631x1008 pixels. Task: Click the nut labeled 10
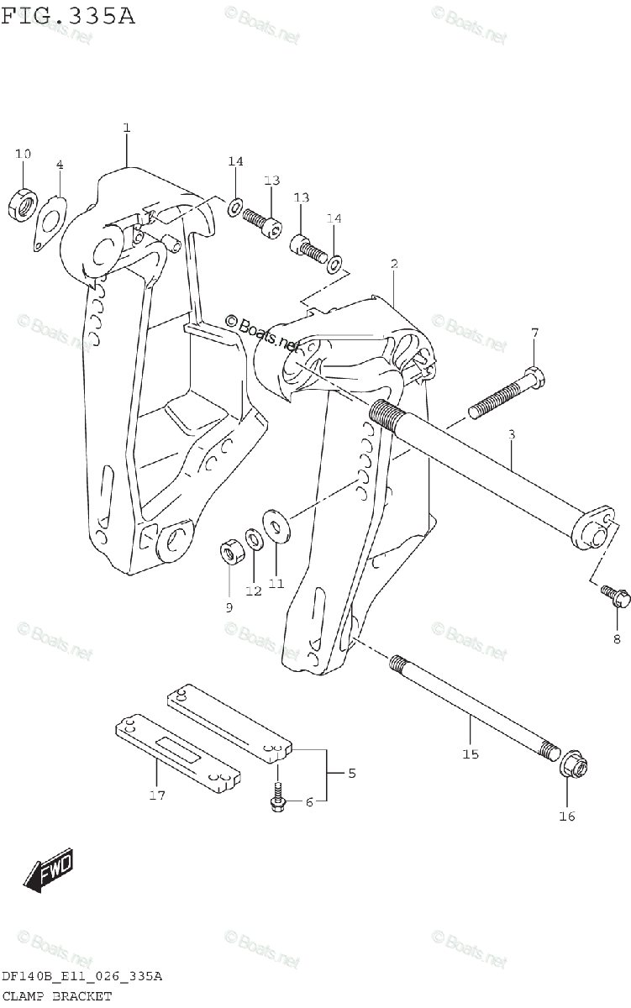tap(23, 203)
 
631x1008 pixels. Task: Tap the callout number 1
tap(126, 128)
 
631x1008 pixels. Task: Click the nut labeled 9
tap(230, 553)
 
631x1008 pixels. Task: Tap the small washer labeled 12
tap(253, 538)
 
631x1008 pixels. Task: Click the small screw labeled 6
tap(276, 797)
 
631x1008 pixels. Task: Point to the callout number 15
tap(470, 753)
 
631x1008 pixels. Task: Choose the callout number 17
tap(157, 795)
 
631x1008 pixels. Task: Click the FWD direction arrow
tap(49, 871)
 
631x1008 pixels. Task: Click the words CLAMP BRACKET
tap(56, 995)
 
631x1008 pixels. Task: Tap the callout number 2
tap(393, 264)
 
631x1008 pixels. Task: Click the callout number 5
tap(351, 773)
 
